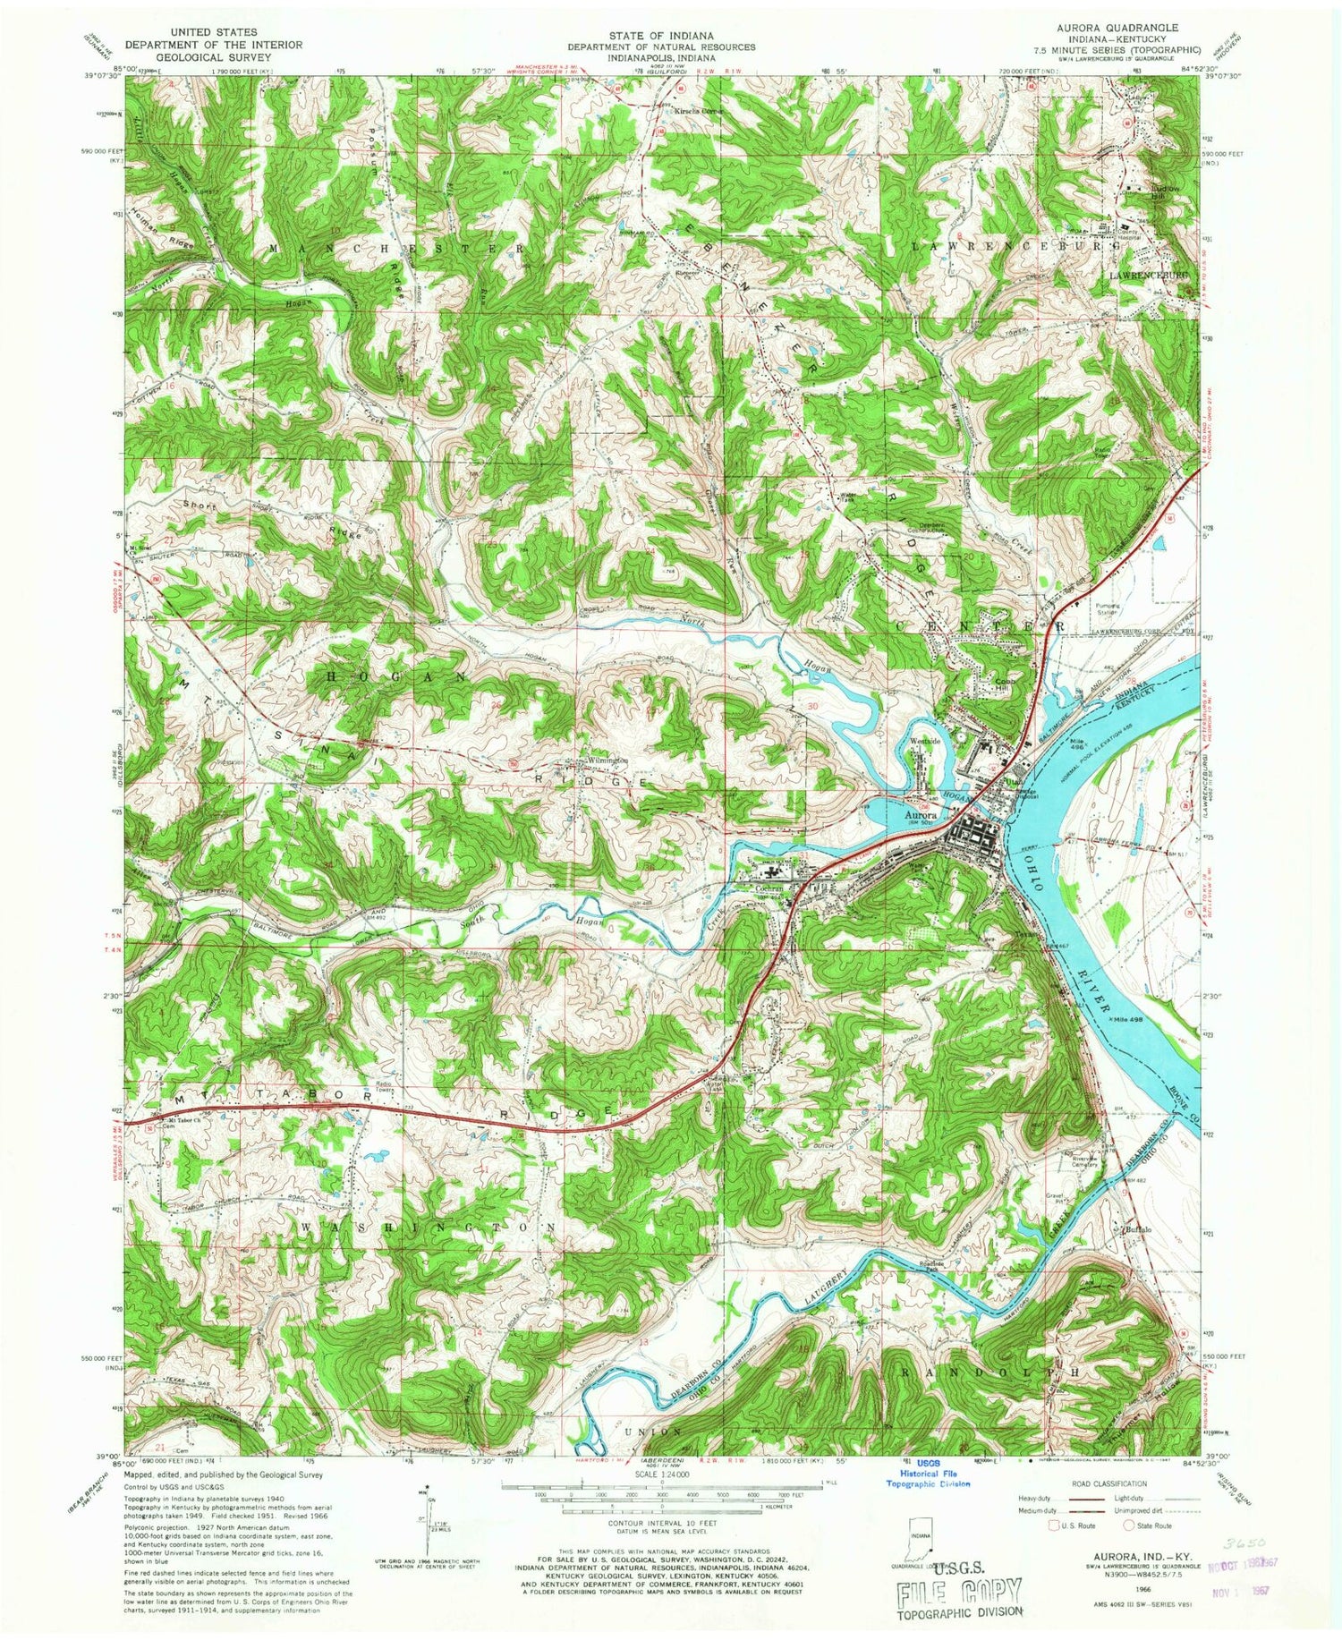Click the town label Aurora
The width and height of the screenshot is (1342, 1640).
coord(920,815)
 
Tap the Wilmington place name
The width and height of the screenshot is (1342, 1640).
coord(607,761)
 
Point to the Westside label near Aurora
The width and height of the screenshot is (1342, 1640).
coord(926,741)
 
